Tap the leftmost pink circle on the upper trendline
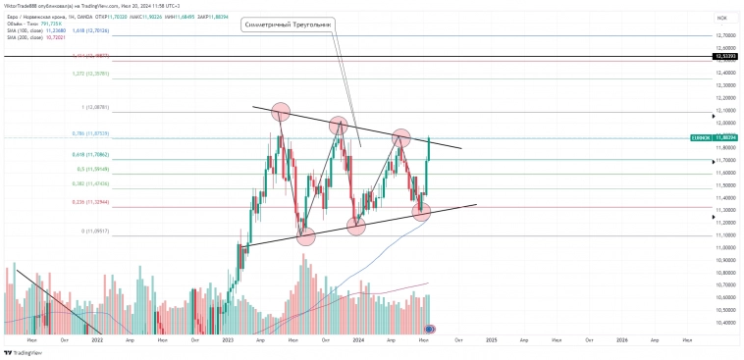280,112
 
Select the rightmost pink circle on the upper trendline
401,138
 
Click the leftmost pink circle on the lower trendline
305,235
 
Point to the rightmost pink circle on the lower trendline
422,211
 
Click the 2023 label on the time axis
228,339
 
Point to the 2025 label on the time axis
491,339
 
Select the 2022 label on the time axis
96,339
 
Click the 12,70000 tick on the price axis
726,35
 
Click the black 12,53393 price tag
726,58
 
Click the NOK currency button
721,18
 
